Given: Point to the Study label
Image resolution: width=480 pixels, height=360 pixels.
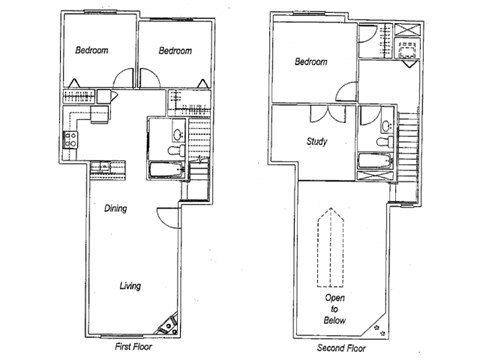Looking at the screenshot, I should [319, 141].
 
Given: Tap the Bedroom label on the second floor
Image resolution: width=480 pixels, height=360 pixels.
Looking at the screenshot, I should [311, 62].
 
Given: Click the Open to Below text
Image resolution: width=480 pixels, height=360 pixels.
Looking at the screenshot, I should [333, 309].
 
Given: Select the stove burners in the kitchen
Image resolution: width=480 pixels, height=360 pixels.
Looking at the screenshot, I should [70, 139].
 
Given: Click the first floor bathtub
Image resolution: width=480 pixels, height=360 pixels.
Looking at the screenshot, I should [166, 169].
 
